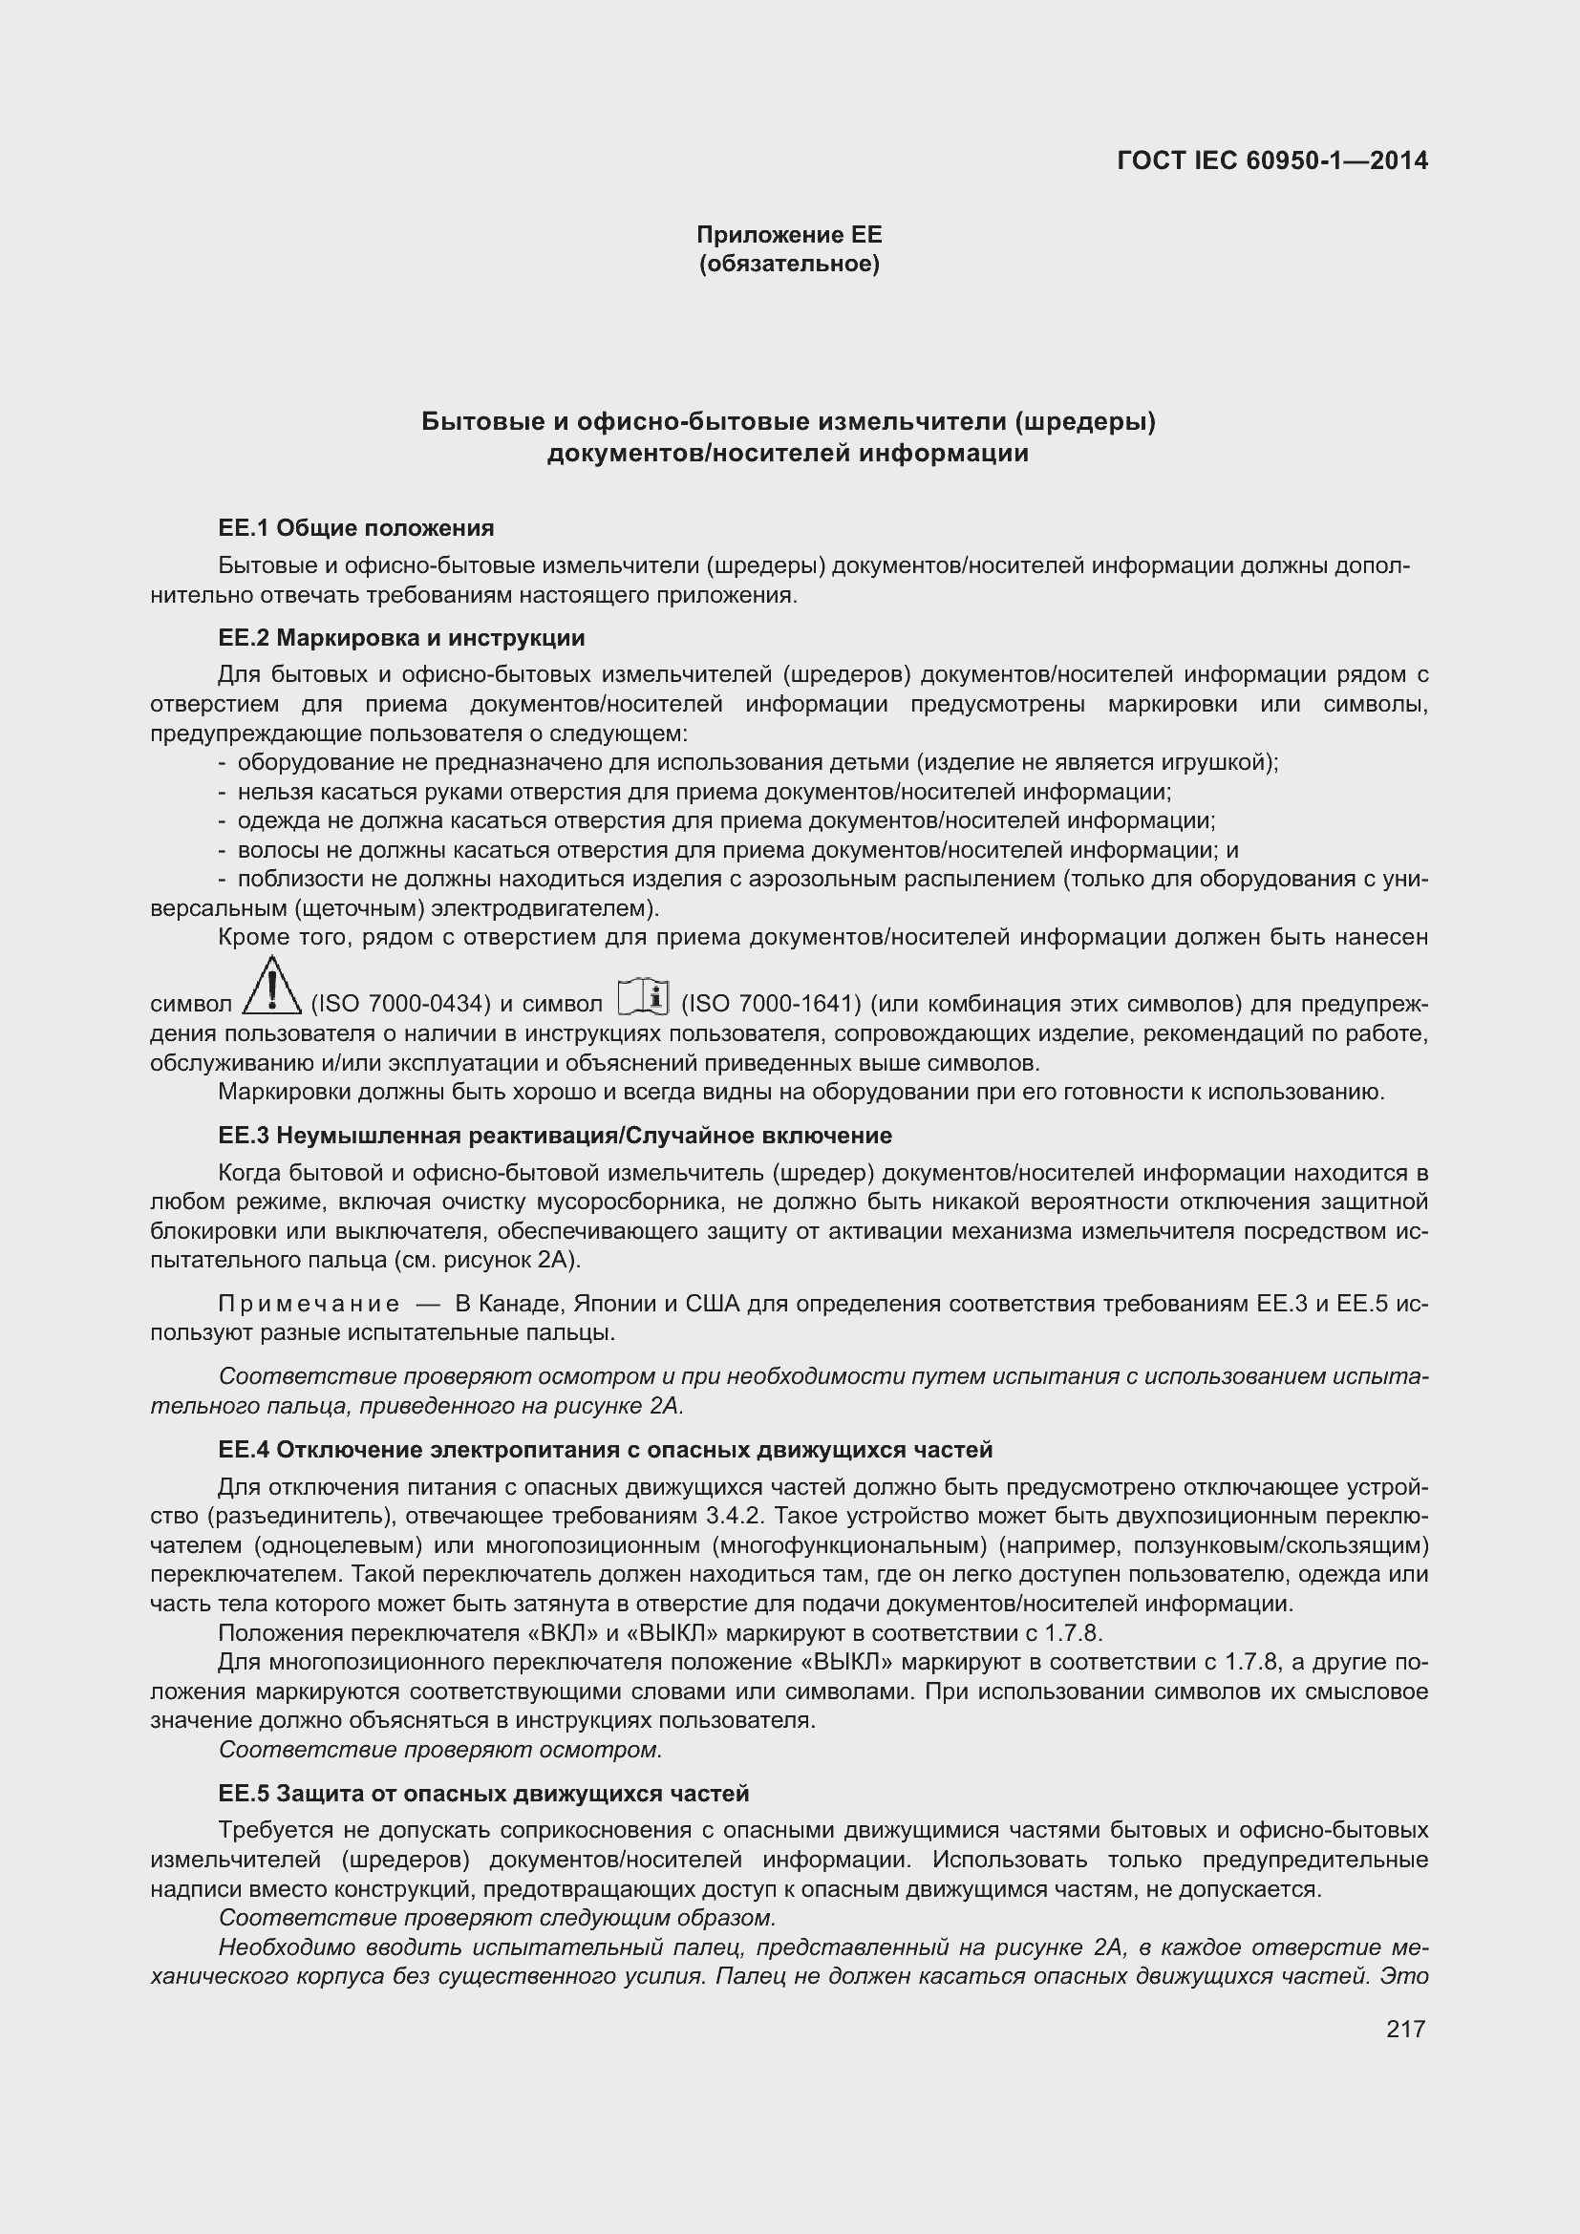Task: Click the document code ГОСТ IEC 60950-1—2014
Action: pos(1271,160)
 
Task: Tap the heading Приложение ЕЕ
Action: pos(788,235)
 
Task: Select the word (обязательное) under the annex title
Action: pos(788,264)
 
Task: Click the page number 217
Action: pos(1405,2029)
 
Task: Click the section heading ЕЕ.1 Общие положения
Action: pos(356,528)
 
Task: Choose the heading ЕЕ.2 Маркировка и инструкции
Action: pos(401,638)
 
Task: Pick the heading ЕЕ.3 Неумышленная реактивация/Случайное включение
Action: pos(555,1136)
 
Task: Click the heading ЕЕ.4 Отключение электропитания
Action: pos(605,1450)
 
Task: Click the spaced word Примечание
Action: pos(309,1304)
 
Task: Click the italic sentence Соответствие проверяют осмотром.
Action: pos(439,1750)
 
